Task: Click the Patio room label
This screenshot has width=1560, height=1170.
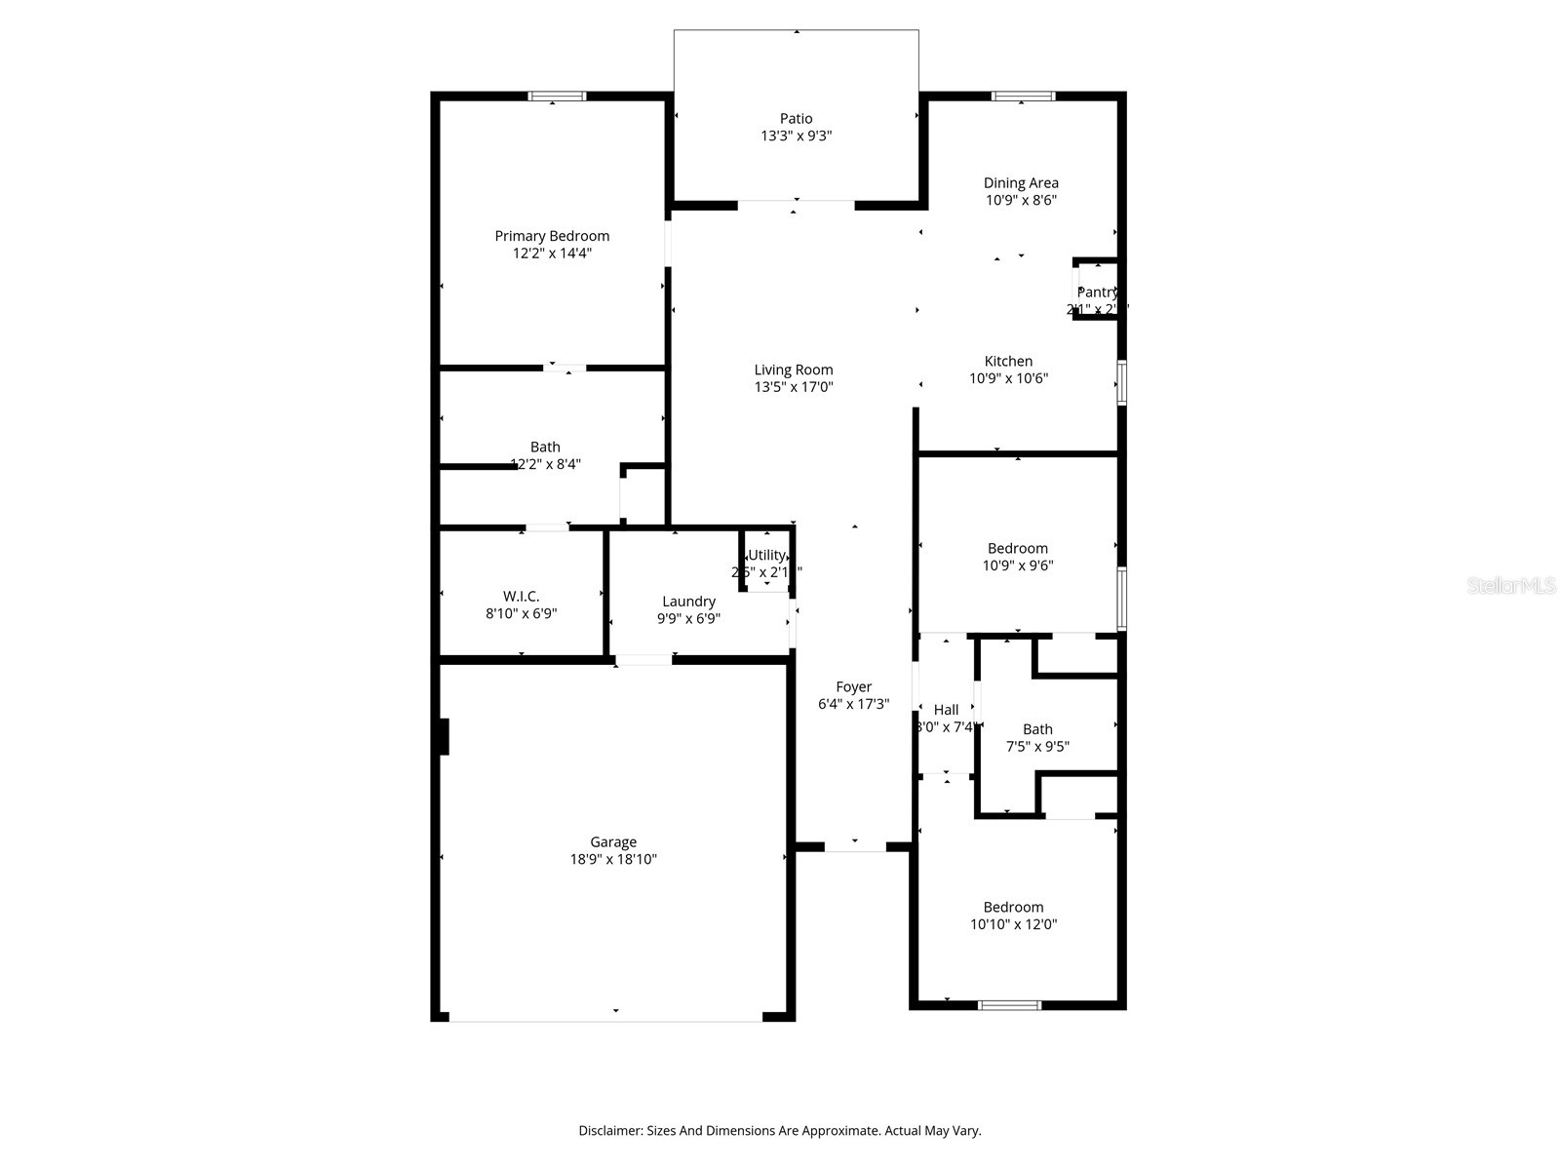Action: (x=796, y=119)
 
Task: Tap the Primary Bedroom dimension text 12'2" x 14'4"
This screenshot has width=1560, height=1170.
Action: (x=552, y=253)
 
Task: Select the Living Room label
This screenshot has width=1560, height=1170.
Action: (x=794, y=370)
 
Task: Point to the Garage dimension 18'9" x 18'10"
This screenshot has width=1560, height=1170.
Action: (x=613, y=860)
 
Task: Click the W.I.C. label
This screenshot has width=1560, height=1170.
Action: (x=521, y=596)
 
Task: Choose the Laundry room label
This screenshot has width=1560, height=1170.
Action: (x=688, y=602)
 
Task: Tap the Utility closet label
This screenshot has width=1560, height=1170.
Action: (x=766, y=555)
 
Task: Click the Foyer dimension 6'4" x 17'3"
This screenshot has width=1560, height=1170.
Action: (x=853, y=704)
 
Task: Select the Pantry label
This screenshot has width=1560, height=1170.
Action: (x=1097, y=292)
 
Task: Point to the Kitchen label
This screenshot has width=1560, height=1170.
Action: (x=1008, y=361)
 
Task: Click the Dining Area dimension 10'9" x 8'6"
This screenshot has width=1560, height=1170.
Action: (x=1021, y=200)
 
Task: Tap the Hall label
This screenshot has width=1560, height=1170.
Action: (x=946, y=710)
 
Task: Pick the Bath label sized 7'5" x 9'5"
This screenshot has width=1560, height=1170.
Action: (x=1037, y=729)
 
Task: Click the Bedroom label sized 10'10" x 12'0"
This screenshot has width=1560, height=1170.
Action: (x=1013, y=907)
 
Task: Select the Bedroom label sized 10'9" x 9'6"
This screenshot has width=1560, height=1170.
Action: (x=1018, y=548)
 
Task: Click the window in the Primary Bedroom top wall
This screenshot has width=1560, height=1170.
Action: (x=557, y=96)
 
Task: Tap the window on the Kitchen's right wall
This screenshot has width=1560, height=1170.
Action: (x=1121, y=382)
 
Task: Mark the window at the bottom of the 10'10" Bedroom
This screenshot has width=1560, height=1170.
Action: (x=1009, y=1005)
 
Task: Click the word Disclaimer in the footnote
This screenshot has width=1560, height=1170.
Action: (x=609, y=1131)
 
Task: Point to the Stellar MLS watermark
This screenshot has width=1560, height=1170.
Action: (x=1511, y=585)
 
